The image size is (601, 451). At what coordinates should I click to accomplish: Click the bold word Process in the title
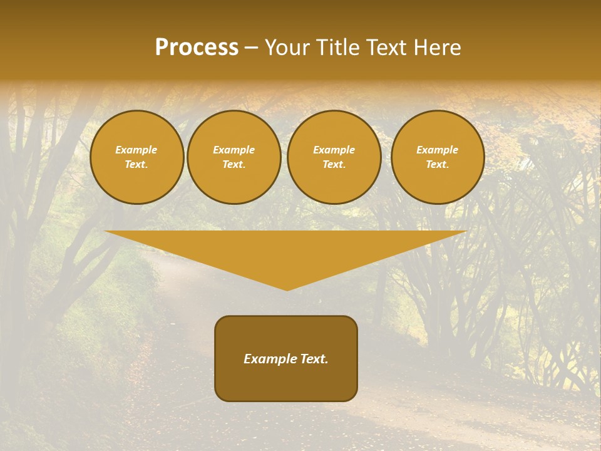(x=197, y=48)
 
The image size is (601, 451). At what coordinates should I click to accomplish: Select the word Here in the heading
(x=435, y=48)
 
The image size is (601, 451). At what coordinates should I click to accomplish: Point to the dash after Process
(x=252, y=48)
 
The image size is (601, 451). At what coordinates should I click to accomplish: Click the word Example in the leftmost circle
(x=136, y=150)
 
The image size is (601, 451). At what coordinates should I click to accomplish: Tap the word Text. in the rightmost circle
(x=437, y=165)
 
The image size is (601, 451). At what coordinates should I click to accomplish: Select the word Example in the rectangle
(x=269, y=359)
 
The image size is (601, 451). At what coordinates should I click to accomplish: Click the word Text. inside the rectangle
(x=313, y=359)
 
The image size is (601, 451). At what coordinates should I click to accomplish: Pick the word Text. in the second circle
(x=234, y=165)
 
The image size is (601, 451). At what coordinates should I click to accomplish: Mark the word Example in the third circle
(x=334, y=150)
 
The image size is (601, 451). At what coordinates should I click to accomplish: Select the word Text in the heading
(x=386, y=48)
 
